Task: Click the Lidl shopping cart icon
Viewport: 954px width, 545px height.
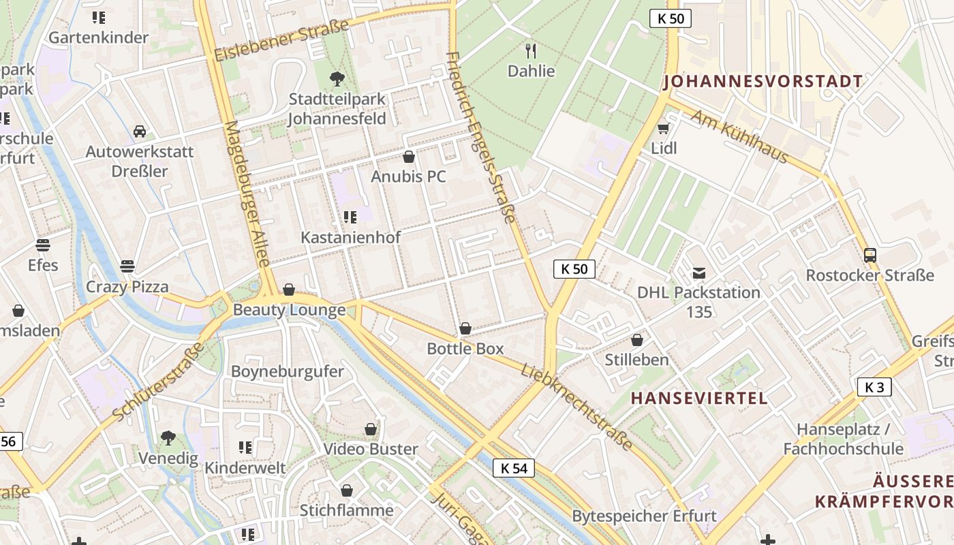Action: click(663, 129)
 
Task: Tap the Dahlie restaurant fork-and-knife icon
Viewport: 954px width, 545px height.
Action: click(532, 51)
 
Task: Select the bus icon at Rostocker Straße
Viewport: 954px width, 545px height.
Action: click(870, 255)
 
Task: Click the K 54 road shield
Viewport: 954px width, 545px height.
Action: click(514, 468)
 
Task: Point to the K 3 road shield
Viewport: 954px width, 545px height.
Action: click(874, 388)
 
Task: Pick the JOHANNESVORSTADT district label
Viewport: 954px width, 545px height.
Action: click(763, 82)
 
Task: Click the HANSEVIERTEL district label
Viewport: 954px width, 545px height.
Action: click(699, 398)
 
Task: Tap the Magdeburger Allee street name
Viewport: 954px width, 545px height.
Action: click(247, 194)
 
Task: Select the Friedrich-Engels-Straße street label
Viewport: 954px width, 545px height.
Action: click(480, 136)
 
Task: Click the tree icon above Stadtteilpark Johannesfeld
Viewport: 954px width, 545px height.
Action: click(337, 79)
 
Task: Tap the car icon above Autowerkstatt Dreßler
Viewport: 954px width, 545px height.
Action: click(140, 131)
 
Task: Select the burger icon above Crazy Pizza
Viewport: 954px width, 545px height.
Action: click(127, 266)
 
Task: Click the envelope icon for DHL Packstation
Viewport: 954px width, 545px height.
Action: click(699, 273)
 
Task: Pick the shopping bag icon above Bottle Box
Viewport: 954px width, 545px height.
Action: click(465, 329)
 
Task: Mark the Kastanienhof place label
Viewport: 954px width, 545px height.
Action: click(351, 238)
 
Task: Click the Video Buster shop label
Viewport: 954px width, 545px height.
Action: click(371, 449)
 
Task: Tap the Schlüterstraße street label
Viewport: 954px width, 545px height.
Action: click(158, 381)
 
